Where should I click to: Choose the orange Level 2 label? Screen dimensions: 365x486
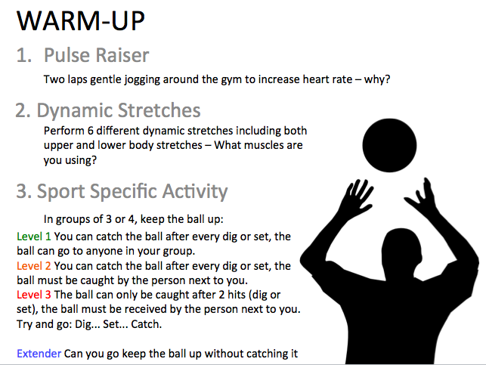(34, 266)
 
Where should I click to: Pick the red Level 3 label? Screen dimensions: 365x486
(34, 294)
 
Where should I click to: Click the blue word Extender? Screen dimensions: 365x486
(39, 352)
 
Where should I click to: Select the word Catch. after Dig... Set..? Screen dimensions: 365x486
(143, 323)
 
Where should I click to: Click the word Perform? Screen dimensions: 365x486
(62, 131)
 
